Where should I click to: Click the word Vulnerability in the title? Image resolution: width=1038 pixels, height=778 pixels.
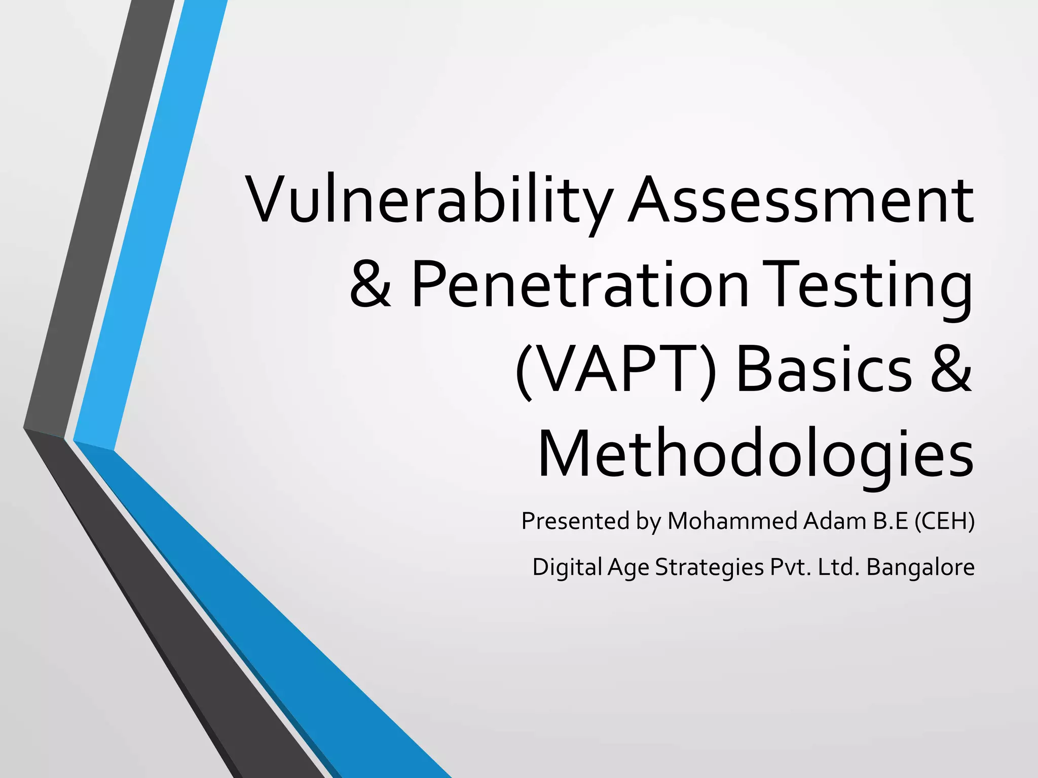pos(430,201)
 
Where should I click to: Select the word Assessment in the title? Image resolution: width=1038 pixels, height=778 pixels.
pos(801,201)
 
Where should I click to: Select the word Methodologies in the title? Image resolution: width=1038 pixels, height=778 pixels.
pos(755,454)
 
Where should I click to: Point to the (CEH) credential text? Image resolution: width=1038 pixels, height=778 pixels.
pos(944,521)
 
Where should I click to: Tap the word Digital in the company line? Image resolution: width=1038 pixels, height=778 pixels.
pos(566,567)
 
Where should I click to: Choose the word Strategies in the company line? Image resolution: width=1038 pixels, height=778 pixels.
pos(709,568)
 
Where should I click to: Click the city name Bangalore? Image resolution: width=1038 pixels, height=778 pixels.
pos(920,567)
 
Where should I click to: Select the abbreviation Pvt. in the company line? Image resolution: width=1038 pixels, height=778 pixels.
pos(791,567)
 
